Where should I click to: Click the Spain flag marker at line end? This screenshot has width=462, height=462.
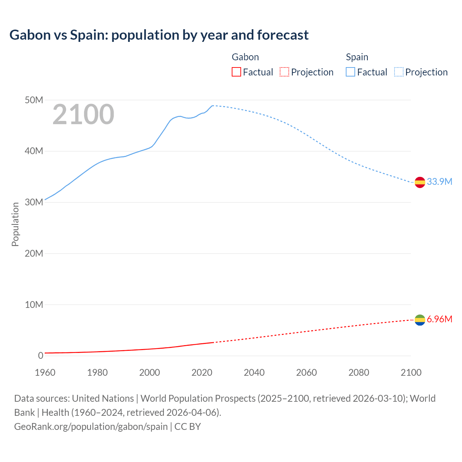[x=420, y=182]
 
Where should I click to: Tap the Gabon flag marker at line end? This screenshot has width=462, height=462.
[x=420, y=320]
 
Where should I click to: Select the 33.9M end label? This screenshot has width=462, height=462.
[x=439, y=182]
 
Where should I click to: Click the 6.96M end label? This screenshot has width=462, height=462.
[x=439, y=319]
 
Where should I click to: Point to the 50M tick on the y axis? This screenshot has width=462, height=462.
[x=34, y=100]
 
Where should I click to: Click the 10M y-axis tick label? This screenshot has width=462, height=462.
[x=34, y=305]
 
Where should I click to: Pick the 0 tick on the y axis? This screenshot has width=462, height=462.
[x=40, y=356]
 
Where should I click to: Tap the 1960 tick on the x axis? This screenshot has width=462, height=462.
[x=45, y=372]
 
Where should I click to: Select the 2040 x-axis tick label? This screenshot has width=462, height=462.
[x=254, y=372]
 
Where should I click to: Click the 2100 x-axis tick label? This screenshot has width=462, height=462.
[x=411, y=372]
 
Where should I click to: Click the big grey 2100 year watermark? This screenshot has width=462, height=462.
[x=83, y=114]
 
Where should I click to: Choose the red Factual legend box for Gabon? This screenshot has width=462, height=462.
[x=236, y=72]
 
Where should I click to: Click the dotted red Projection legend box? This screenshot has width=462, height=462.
[x=284, y=72]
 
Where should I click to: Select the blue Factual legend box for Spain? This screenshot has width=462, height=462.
[x=350, y=72]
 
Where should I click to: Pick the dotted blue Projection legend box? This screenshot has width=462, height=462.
[x=398, y=72]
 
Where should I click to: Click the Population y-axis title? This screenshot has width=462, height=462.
[x=15, y=224]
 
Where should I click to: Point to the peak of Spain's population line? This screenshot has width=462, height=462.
[x=213, y=106]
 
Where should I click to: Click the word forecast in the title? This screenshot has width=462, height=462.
[x=283, y=35]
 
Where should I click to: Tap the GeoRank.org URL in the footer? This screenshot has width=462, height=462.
[x=91, y=426]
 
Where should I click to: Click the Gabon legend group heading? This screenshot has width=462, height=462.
[x=245, y=57]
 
